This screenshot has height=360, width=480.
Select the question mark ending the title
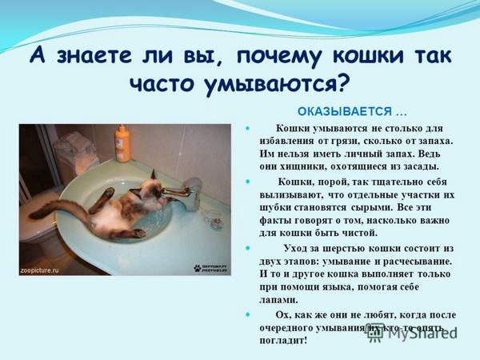click(x=343, y=83)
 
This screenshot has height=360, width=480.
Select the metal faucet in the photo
click(x=190, y=191)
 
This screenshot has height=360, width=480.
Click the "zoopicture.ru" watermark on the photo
click(x=40, y=270)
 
